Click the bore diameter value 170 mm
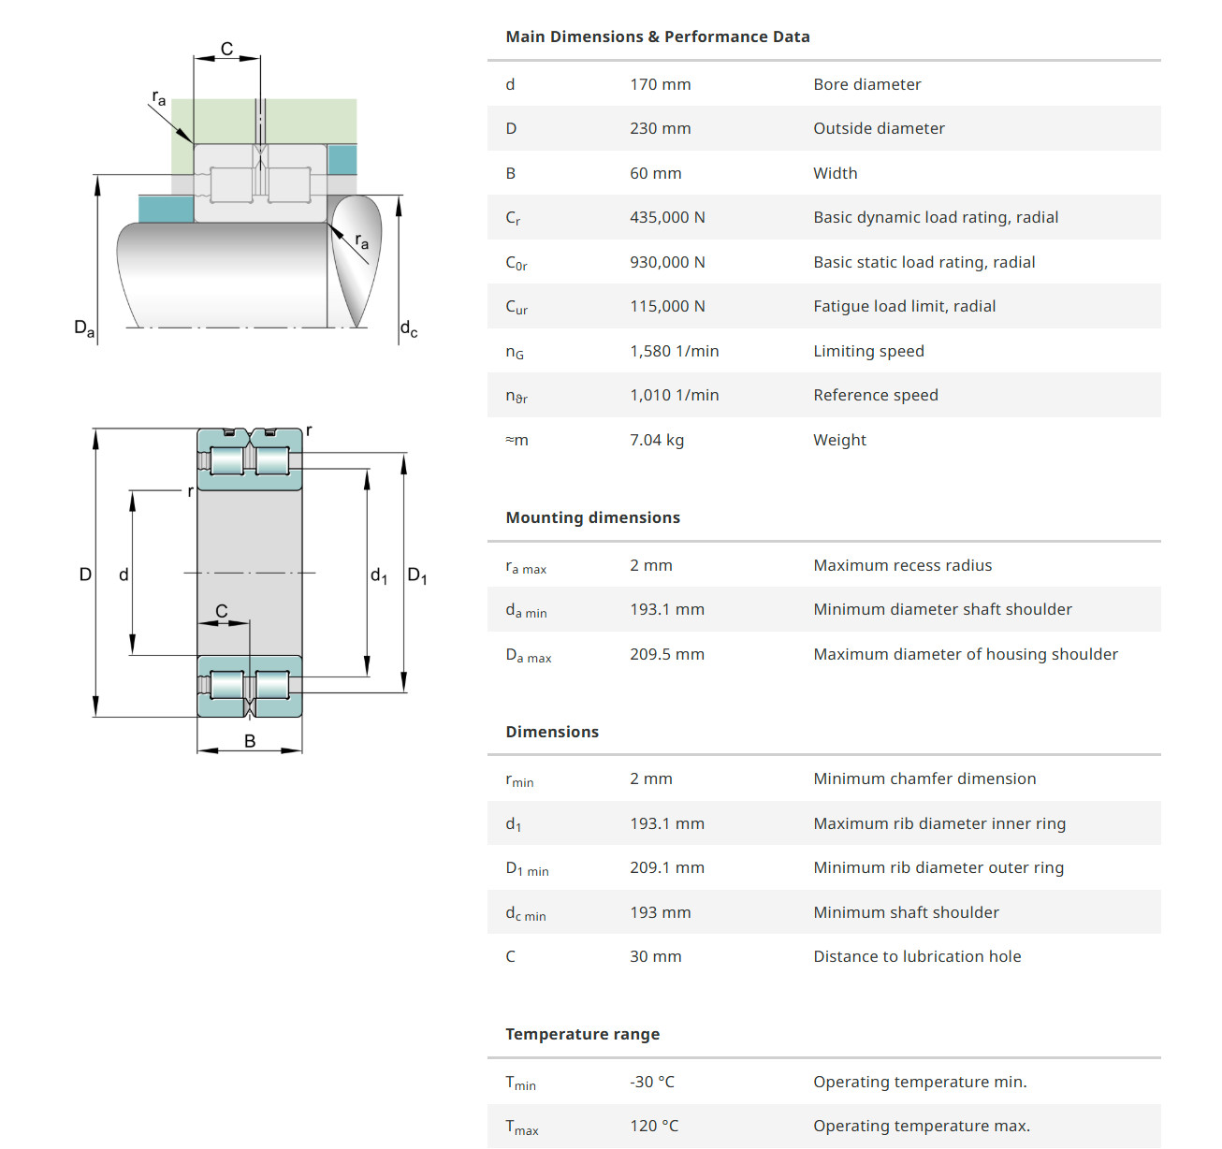[660, 84]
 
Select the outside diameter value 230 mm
[660, 128]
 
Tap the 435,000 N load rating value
[667, 217]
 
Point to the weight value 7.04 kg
[656, 440]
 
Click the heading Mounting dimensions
[592, 517]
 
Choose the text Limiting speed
[868, 351]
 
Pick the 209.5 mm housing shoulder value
[666, 654]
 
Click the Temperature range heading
[582, 1034]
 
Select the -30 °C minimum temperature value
[651, 1082]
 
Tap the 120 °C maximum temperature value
[653, 1126]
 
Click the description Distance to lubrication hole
[917, 956]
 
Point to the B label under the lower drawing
[250, 741]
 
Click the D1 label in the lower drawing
[417, 575]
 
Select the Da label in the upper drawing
[84, 327]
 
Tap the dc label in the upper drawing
[409, 328]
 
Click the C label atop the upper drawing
[226, 50]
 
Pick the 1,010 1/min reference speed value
[674, 395]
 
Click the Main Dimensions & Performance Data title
[657, 36]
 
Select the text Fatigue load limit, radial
[904, 306]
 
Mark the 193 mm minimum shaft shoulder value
[660, 912]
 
